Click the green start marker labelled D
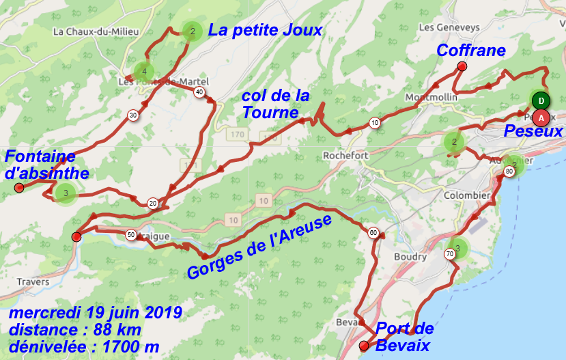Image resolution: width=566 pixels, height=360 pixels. [541, 100]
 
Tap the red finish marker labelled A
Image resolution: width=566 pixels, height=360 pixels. [541, 117]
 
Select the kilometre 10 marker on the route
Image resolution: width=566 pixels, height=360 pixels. [374, 123]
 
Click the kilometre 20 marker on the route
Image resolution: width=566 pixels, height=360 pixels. [152, 203]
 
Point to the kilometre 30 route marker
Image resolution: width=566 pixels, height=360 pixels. [132, 115]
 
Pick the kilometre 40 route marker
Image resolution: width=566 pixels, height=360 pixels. [199, 92]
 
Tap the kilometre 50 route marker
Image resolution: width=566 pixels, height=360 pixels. [130, 235]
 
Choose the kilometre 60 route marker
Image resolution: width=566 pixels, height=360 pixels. [373, 232]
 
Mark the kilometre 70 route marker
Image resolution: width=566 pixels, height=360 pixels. [449, 254]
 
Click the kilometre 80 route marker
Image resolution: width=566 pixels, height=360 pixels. [509, 171]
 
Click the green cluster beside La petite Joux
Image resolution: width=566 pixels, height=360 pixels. [192, 31]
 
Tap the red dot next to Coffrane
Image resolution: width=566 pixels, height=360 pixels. [462, 66]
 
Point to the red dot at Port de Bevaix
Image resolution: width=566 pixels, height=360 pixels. [364, 346]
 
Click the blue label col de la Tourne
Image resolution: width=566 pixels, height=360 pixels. [275, 104]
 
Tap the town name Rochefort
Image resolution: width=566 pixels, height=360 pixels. [345, 156]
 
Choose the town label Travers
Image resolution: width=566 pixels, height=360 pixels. [34, 281]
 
